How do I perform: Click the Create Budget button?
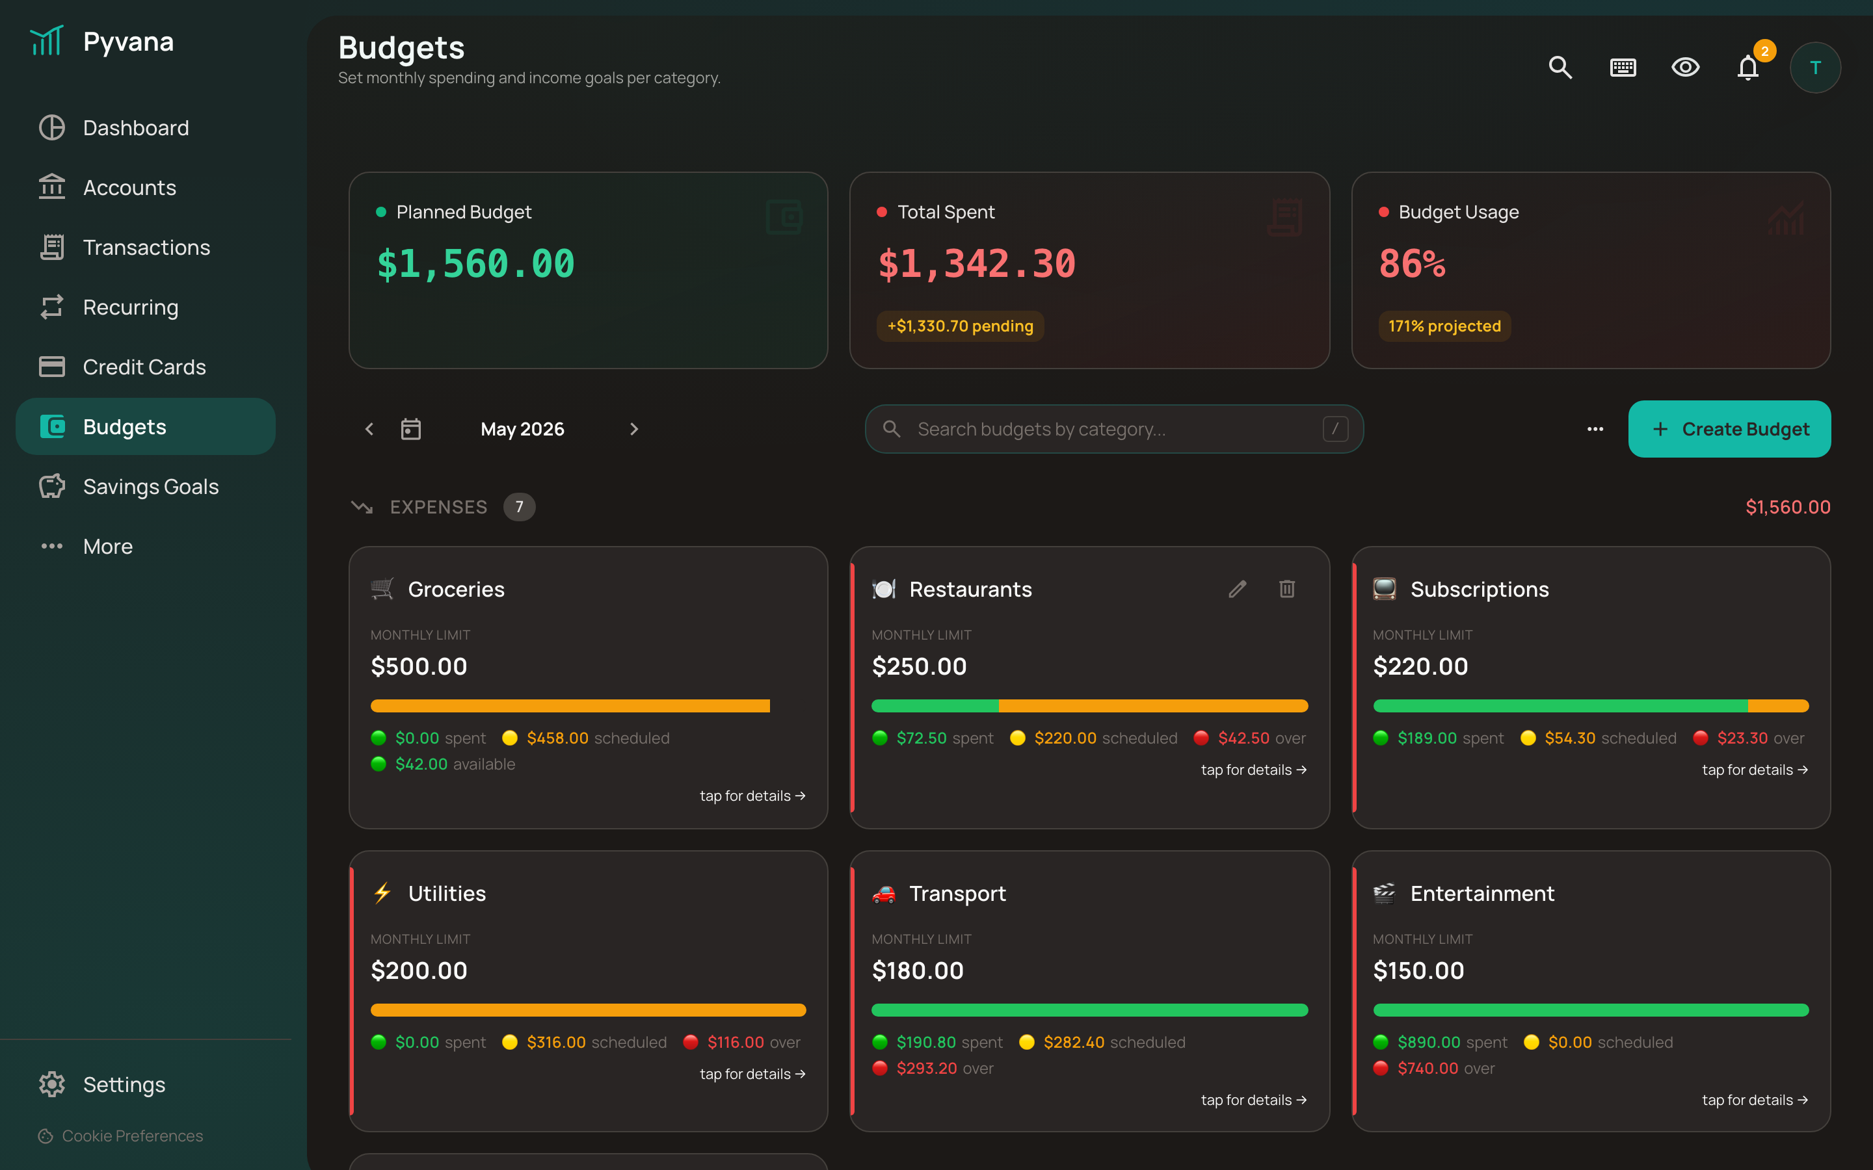pyautogui.click(x=1729, y=429)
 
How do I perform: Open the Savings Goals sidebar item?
pyautogui.click(x=146, y=487)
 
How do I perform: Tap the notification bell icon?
pyautogui.click(x=1747, y=68)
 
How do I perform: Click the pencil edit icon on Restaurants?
pyautogui.click(x=1238, y=589)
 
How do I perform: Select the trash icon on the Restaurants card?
pyautogui.click(x=1287, y=589)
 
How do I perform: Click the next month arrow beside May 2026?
pyautogui.click(x=634, y=429)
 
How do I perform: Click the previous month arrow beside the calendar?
pyautogui.click(x=369, y=429)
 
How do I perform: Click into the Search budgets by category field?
pyautogui.click(x=1115, y=429)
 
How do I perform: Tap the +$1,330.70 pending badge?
pyautogui.click(x=960, y=326)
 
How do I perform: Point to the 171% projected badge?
pyautogui.click(x=1444, y=326)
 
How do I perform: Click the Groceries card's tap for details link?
pyautogui.click(x=752, y=796)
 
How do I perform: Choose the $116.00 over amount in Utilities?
pyautogui.click(x=736, y=1043)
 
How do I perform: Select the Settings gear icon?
pyautogui.click(x=52, y=1084)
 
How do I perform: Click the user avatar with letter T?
pyautogui.click(x=1815, y=68)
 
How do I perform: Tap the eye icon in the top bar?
pyautogui.click(x=1685, y=68)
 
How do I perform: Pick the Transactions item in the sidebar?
pyautogui.click(x=146, y=248)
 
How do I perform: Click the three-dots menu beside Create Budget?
pyautogui.click(x=1595, y=429)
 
